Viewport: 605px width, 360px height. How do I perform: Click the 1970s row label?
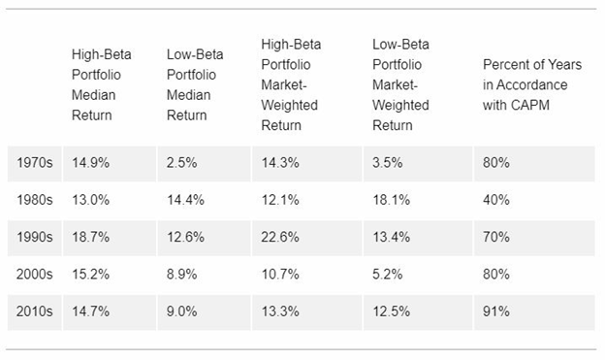(34, 163)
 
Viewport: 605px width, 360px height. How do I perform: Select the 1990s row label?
(34, 237)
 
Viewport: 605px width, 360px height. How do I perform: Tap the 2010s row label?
(34, 311)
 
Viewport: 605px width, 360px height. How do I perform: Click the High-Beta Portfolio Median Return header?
(102, 84)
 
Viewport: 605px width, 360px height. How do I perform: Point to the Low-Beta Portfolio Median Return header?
(195, 84)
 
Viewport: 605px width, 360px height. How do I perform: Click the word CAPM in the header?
(531, 105)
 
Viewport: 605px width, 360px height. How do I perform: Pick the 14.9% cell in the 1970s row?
(91, 163)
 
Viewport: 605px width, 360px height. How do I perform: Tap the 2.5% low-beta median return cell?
(181, 163)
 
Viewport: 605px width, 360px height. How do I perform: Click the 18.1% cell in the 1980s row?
(392, 200)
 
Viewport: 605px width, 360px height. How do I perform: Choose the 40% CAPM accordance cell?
(496, 200)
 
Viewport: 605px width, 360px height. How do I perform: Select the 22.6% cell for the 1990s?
(280, 237)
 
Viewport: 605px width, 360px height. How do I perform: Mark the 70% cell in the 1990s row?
(496, 237)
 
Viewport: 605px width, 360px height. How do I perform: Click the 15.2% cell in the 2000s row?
(91, 275)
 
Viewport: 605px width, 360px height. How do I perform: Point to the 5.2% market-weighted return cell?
(388, 275)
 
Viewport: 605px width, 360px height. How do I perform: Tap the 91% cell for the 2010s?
(496, 311)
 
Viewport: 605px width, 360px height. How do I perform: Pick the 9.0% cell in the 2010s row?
(181, 311)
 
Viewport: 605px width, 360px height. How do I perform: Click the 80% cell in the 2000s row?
(496, 275)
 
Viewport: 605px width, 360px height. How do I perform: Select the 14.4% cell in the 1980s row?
(185, 200)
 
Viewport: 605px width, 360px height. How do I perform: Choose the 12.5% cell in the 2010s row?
(392, 311)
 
